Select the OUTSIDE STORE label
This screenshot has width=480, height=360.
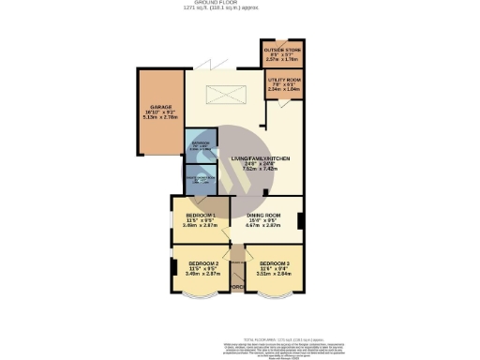click(x=278, y=50)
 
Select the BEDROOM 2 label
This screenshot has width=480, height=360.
click(x=203, y=263)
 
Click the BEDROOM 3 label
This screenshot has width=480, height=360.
click(x=274, y=263)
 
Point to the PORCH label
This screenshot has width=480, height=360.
click(x=238, y=286)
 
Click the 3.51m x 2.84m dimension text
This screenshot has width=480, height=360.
click(x=274, y=274)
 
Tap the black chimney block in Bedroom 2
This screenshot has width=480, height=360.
click(x=173, y=269)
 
